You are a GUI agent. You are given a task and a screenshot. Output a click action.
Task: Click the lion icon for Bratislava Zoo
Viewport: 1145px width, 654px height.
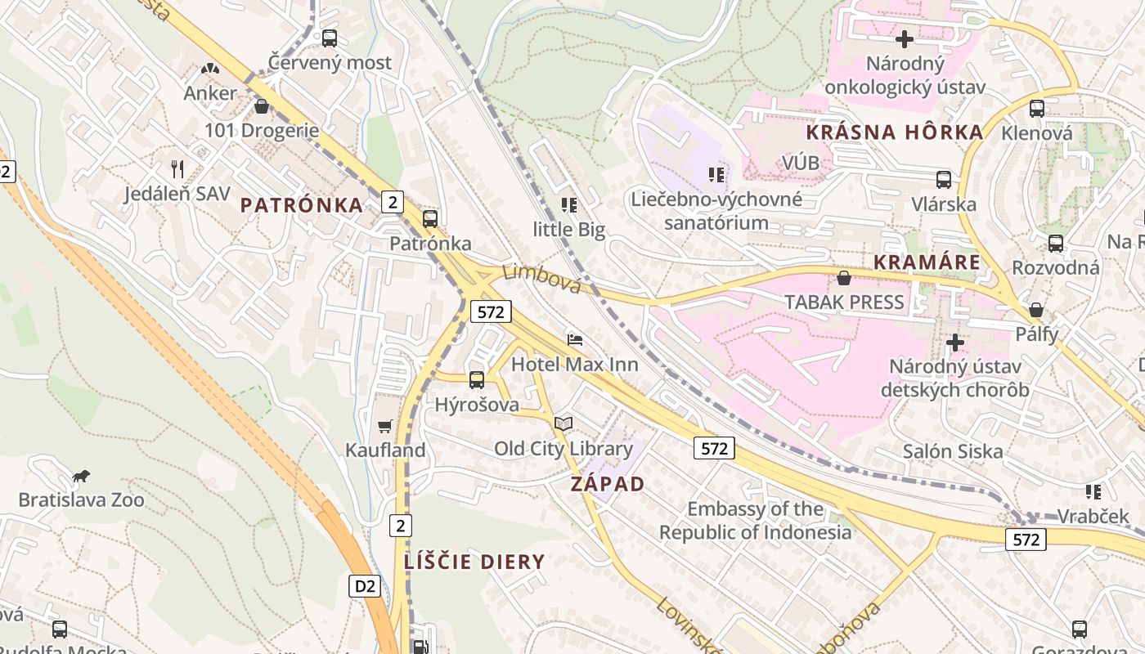point(80,476)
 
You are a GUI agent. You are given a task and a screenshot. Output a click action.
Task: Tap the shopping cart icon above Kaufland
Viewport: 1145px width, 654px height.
point(385,426)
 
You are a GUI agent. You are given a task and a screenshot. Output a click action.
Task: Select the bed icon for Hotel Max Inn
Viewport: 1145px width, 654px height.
point(575,339)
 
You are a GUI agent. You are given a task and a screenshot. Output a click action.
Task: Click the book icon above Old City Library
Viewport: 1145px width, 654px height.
point(563,423)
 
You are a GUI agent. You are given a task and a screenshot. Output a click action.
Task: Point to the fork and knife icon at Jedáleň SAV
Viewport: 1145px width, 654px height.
point(177,169)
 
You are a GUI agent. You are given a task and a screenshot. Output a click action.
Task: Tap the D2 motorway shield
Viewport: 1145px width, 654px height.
point(366,585)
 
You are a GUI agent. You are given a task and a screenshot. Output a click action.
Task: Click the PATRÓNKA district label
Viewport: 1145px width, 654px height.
point(302,205)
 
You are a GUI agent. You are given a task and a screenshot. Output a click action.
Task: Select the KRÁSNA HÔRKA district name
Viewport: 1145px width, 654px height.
point(894,132)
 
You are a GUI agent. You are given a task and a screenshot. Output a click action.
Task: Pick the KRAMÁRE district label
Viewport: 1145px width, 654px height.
point(927,262)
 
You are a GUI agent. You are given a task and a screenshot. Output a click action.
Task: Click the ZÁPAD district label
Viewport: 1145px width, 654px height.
point(608,483)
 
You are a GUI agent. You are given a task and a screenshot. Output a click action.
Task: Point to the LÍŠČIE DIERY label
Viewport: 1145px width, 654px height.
point(474,562)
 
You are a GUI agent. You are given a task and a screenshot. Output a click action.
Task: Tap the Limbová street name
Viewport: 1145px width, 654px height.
point(541,279)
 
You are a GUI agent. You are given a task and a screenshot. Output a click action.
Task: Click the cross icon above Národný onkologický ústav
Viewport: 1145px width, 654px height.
point(905,38)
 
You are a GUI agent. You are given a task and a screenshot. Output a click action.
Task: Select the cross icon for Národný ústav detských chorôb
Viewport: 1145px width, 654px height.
point(954,342)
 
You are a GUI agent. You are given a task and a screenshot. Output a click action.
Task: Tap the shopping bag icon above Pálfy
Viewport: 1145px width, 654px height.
point(1036,310)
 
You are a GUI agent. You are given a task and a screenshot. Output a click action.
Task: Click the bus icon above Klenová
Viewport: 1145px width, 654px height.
point(1037,108)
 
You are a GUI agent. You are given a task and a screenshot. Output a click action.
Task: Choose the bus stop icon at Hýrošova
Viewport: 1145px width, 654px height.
point(477,379)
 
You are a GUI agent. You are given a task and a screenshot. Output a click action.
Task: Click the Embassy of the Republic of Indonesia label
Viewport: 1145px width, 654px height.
point(756,521)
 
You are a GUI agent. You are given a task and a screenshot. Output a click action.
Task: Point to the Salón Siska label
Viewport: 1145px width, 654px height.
point(952,451)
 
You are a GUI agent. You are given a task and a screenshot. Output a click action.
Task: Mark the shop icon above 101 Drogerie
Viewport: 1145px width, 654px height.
point(262,106)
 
